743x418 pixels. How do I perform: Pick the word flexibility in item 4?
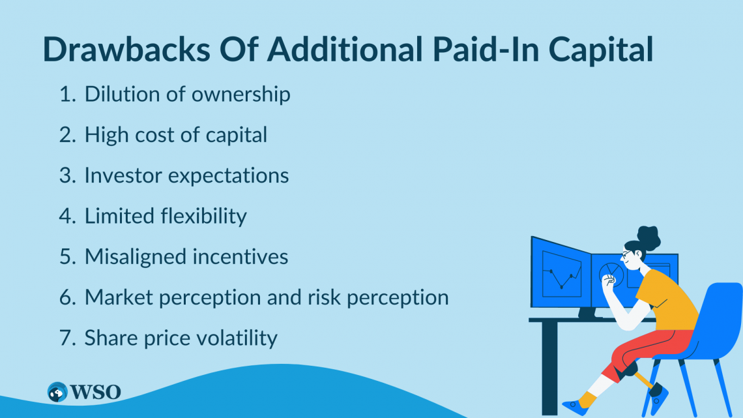point(204,216)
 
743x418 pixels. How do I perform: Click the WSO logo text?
point(96,392)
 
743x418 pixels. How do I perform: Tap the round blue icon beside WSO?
point(58,392)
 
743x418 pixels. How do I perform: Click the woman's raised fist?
point(610,282)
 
